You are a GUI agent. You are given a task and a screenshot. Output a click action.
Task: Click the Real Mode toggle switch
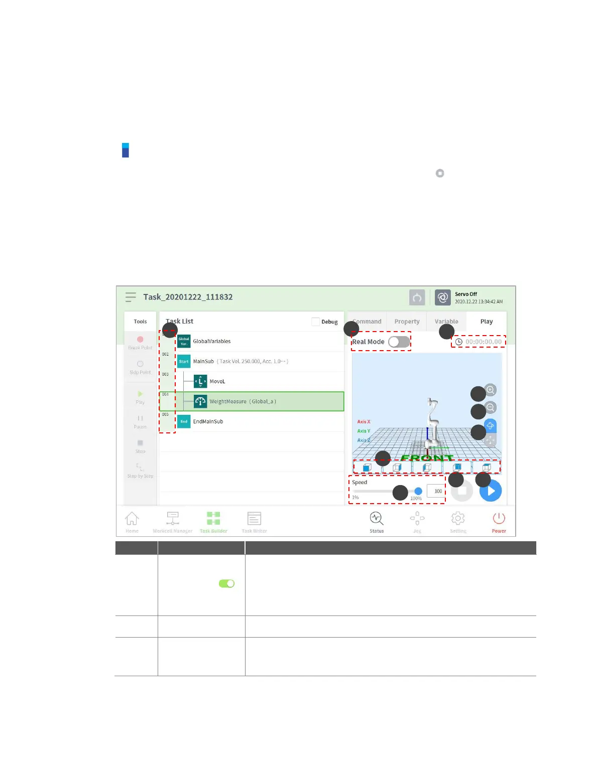[x=399, y=342]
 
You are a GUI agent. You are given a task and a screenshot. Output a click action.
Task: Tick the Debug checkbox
[x=316, y=322]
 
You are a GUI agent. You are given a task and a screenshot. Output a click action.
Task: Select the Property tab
[x=407, y=322]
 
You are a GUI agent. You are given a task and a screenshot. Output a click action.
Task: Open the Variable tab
[x=446, y=322]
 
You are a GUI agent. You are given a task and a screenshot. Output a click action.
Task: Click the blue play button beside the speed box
[x=491, y=491]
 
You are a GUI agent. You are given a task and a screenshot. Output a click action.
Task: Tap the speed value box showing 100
[x=436, y=491]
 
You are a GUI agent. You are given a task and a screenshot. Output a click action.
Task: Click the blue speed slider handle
[x=418, y=491]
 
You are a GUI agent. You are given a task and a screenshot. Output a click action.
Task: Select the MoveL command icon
[x=200, y=381]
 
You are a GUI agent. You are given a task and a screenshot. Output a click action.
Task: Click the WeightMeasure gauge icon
[x=200, y=401]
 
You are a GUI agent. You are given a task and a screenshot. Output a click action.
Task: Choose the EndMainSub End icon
[x=184, y=421]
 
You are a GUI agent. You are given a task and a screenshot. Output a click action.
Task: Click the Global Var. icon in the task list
[x=184, y=342]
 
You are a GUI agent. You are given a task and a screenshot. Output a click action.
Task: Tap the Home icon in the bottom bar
[x=132, y=519]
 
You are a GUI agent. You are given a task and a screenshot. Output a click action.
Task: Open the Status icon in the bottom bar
[x=377, y=519]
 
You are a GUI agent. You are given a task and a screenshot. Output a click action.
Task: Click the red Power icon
[x=499, y=519]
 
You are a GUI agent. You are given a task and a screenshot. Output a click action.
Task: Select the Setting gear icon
[x=458, y=519]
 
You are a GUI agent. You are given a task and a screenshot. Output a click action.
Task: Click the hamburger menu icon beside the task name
[x=131, y=297]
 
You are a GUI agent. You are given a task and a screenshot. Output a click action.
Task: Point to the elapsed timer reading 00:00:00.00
[x=483, y=342]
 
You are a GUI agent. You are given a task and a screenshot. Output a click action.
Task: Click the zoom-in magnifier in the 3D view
[x=491, y=390]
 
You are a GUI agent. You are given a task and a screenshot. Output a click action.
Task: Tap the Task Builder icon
[x=213, y=519]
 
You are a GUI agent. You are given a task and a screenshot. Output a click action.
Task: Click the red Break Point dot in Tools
[x=140, y=340]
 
